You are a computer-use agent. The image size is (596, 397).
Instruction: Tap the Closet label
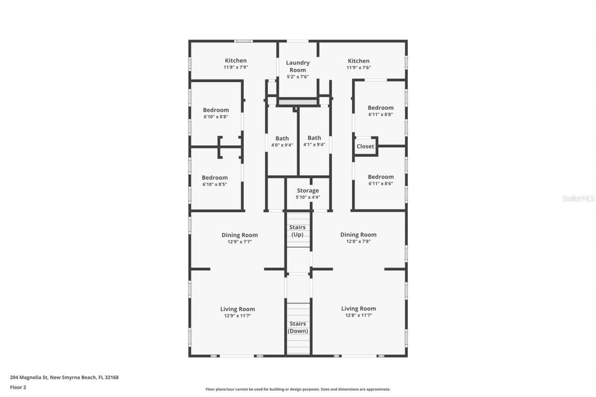tap(365, 146)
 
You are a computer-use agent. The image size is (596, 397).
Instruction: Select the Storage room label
tap(308, 190)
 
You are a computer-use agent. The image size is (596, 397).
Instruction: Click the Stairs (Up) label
tap(298, 231)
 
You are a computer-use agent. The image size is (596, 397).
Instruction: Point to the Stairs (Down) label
tap(298, 327)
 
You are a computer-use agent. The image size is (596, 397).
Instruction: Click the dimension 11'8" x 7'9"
tap(236, 67)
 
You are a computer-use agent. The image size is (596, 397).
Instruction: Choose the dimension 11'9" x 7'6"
tap(359, 67)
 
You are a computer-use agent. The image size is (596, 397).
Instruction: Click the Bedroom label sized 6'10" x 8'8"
tap(216, 110)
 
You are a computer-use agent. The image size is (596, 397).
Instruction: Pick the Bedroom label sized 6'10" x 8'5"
tap(215, 177)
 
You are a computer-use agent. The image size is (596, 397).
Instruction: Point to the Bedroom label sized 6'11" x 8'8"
tap(380, 108)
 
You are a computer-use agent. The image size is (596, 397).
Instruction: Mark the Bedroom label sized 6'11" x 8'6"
tap(380, 177)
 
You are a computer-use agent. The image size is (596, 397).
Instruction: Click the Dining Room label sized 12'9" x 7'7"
tap(239, 235)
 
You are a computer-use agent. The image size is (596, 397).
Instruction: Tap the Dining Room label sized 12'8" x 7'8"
tap(358, 235)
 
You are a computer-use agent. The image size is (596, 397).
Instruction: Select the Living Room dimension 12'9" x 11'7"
tap(237, 316)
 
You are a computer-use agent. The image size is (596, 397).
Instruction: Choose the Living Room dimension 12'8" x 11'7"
tap(359, 316)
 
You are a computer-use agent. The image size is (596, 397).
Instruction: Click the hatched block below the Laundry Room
tap(298, 102)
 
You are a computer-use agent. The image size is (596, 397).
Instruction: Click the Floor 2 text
tap(18, 387)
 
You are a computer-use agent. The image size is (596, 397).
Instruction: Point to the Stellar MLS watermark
tap(578, 198)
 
